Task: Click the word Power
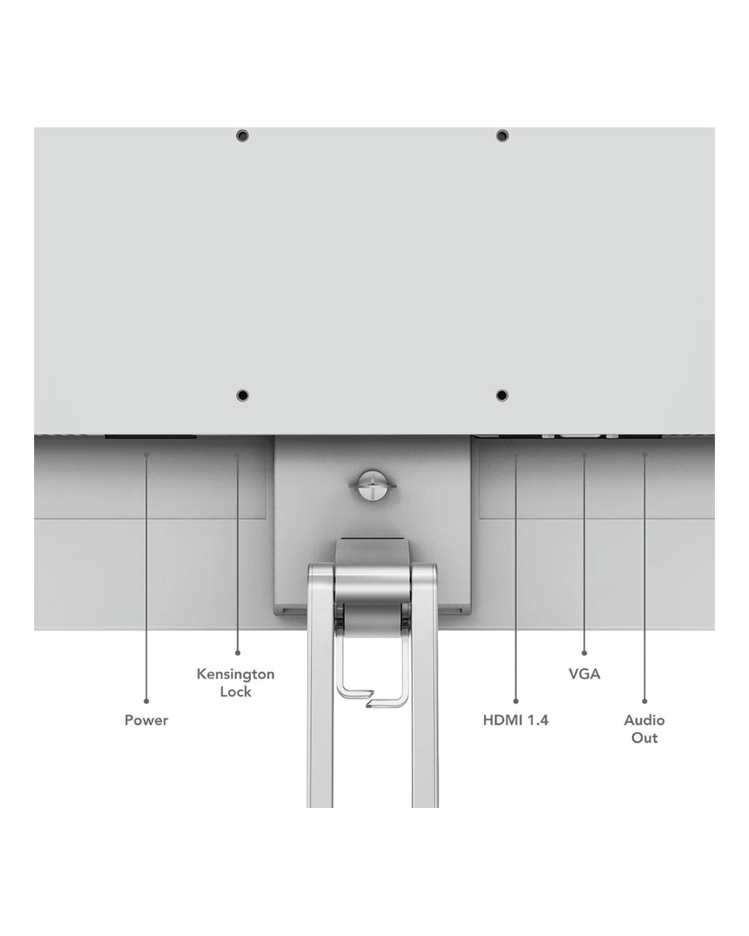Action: tap(146, 720)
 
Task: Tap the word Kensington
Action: tap(236, 674)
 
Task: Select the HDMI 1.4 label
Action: tap(515, 720)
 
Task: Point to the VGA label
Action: tap(584, 674)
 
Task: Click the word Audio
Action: tap(644, 720)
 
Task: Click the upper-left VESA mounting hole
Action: tap(242, 135)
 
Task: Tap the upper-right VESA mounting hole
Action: tap(503, 135)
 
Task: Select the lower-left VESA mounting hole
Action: tap(242, 396)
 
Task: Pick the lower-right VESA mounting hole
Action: tap(503, 396)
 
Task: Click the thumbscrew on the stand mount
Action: tap(372, 485)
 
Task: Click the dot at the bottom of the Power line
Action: tap(146, 701)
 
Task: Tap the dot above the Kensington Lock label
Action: tap(238, 653)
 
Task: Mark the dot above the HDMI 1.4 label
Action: tap(515, 701)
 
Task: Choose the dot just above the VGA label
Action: tap(584, 653)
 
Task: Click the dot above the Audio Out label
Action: tap(645, 701)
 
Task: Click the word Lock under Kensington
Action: tap(236, 692)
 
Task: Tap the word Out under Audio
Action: tap(645, 738)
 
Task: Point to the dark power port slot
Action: tap(150, 436)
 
